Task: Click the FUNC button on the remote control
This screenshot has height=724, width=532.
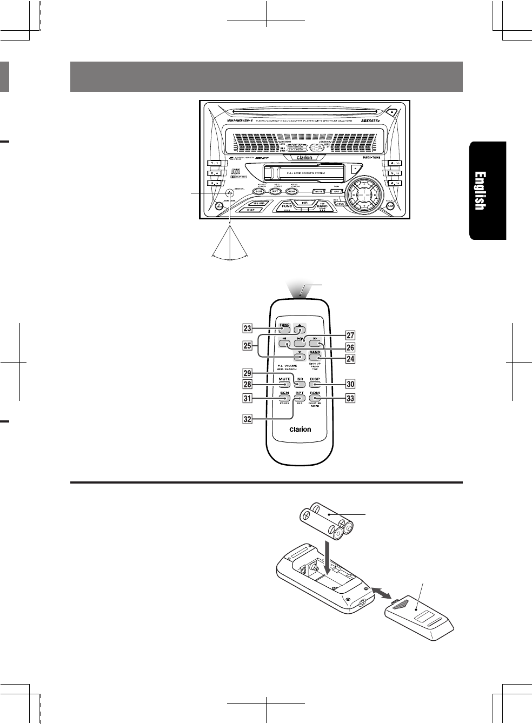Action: point(284,327)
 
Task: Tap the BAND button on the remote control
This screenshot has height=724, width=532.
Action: point(315,354)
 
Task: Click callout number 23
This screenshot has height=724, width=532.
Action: point(247,328)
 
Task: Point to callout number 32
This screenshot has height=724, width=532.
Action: point(247,418)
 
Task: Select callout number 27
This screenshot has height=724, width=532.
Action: point(350,336)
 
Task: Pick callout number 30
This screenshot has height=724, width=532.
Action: point(350,384)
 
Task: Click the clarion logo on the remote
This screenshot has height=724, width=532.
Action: point(300,430)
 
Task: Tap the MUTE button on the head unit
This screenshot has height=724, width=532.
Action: point(319,191)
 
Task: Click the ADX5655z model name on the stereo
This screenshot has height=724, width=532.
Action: point(373,121)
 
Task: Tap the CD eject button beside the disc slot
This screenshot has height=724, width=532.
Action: point(392,111)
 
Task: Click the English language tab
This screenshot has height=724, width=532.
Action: point(487,190)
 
